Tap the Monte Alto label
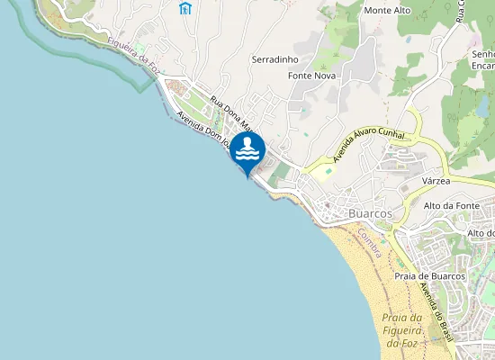click(388, 11)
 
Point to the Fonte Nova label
click(311, 76)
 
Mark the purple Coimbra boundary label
click(369, 241)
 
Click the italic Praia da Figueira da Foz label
click(401, 331)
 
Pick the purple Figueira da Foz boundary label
click(132, 52)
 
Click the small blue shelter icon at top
click(184, 9)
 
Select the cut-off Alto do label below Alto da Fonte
click(481, 233)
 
